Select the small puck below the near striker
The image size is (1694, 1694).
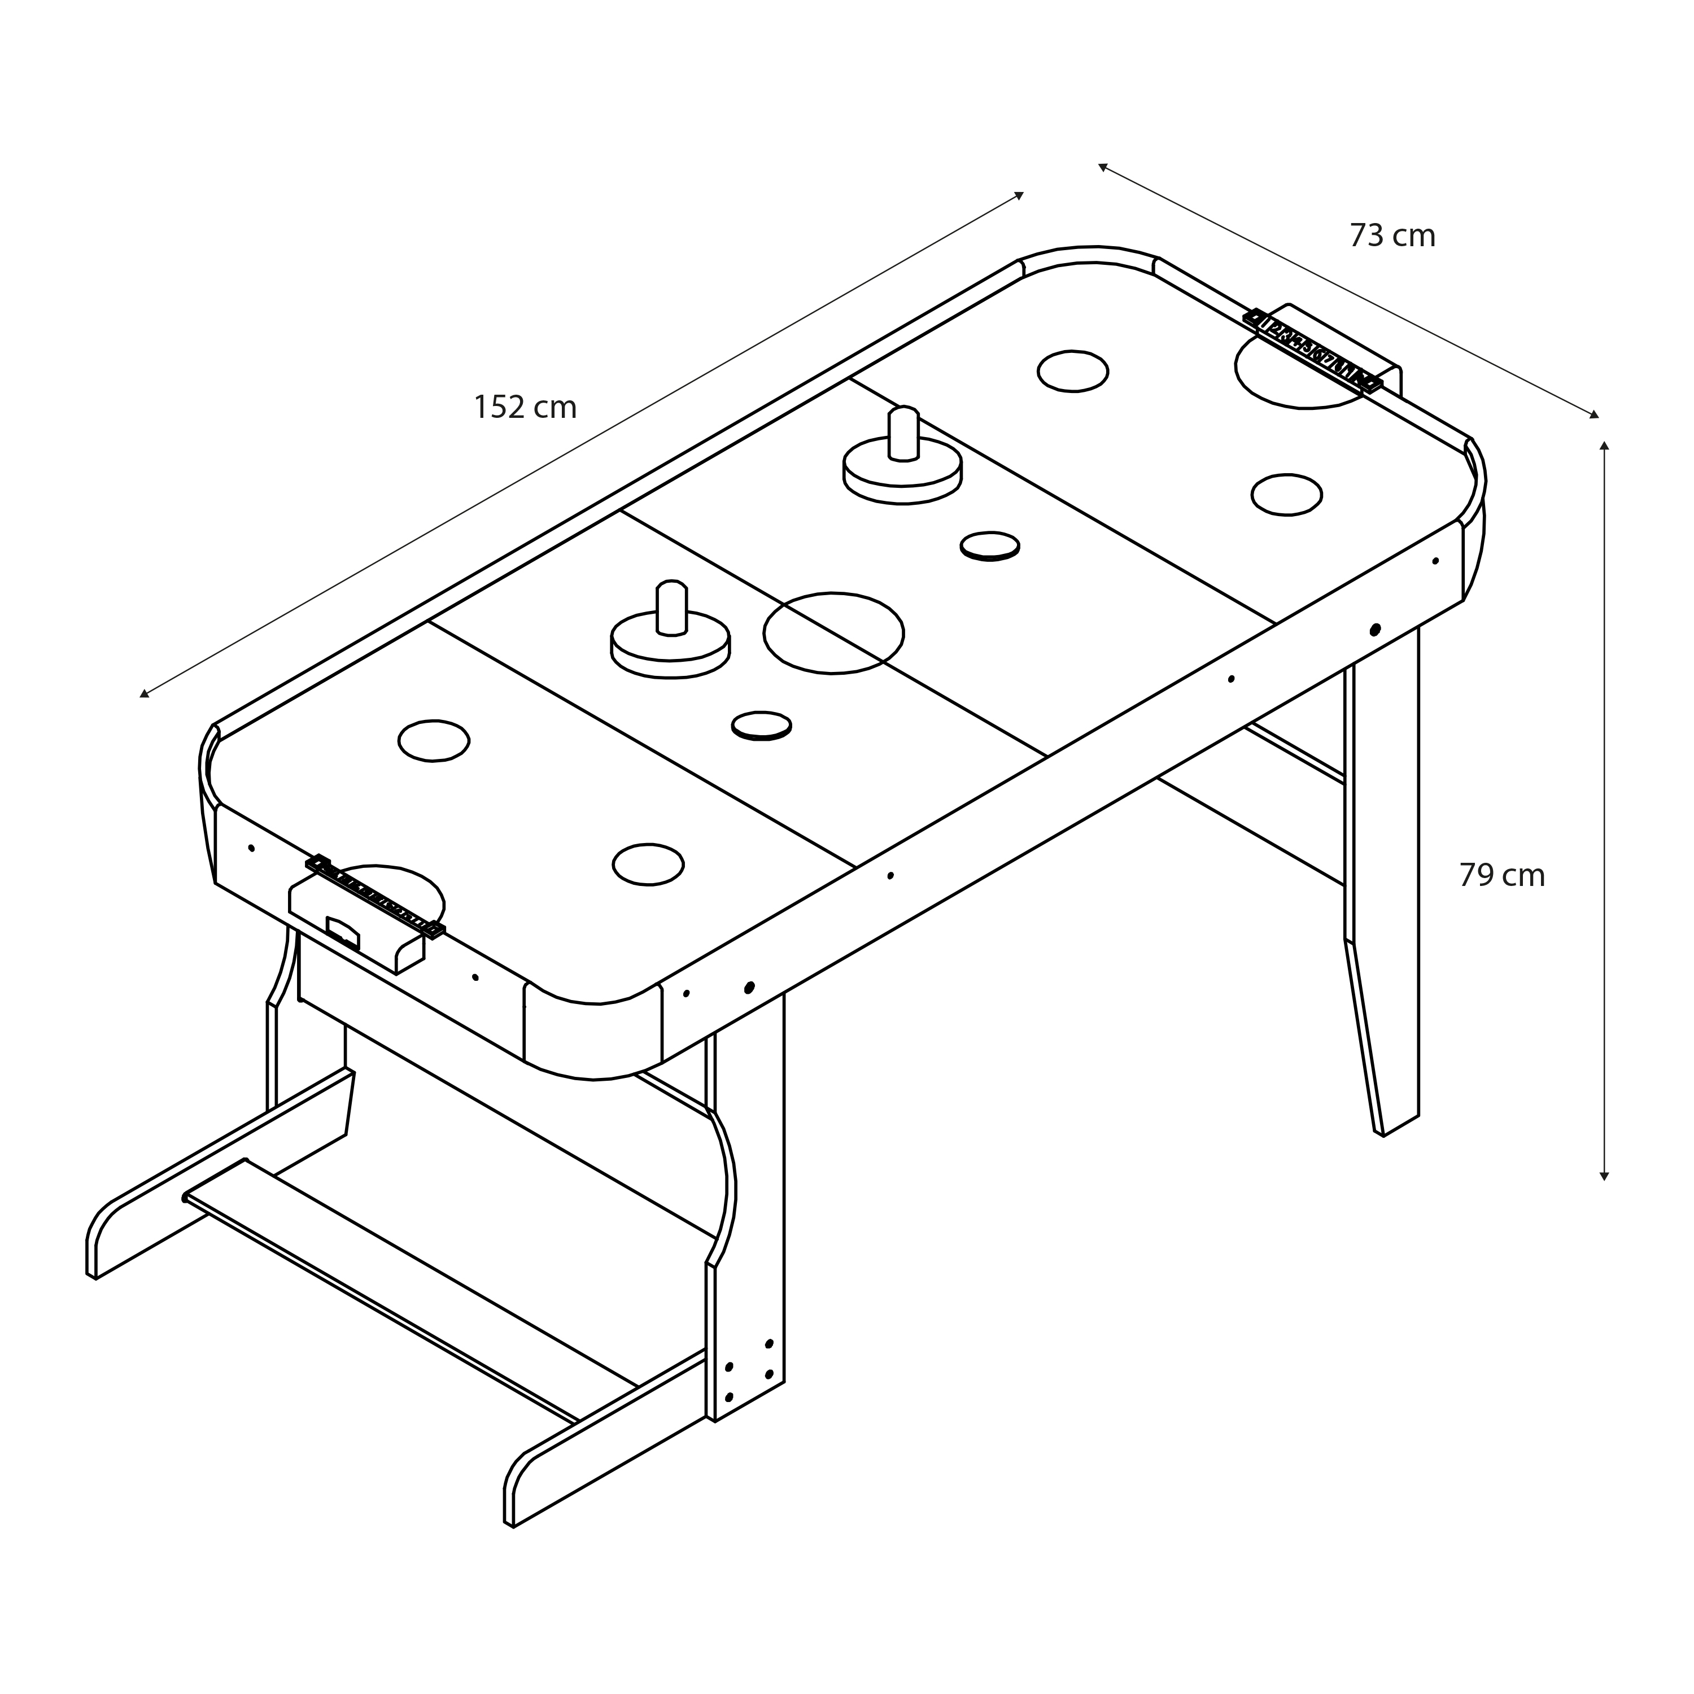761,725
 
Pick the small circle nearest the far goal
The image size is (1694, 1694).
1072,371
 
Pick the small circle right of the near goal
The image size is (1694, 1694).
648,864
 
